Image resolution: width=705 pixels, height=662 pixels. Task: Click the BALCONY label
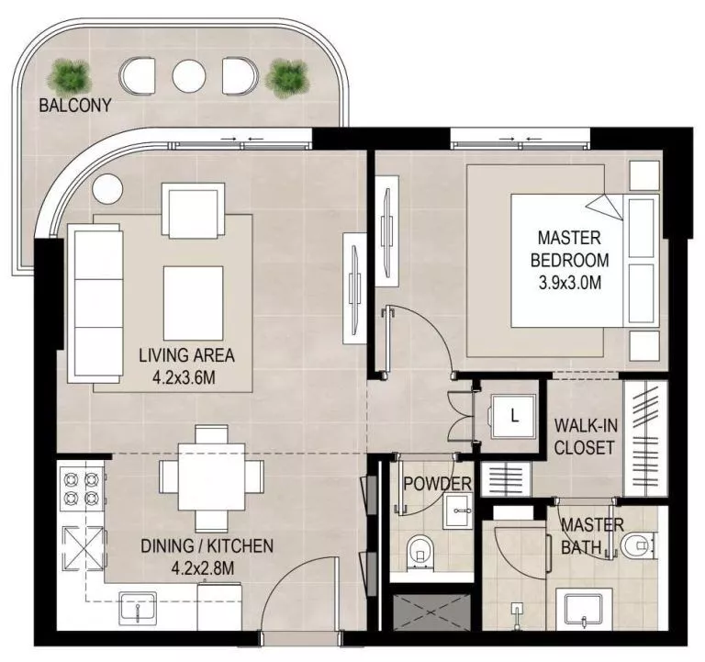click(74, 106)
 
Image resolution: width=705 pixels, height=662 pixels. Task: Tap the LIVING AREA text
click(186, 354)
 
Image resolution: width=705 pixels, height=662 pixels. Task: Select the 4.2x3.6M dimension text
click(186, 376)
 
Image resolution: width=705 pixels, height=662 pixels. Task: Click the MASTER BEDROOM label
click(570, 249)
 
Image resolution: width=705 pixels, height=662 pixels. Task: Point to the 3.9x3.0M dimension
click(570, 282)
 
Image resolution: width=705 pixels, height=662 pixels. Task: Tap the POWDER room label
click(437, 484)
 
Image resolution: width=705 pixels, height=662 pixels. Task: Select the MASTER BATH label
click(592, 536)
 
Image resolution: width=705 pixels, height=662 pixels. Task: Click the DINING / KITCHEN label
click(207, 546)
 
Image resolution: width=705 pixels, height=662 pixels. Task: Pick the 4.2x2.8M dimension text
click(207, 568)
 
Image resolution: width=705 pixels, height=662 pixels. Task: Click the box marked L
click(513, 415)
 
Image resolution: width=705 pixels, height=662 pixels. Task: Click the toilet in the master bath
click(635, 546)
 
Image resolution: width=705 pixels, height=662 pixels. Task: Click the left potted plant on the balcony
click(68, 74)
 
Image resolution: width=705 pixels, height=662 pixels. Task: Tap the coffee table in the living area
click(193, 302)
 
